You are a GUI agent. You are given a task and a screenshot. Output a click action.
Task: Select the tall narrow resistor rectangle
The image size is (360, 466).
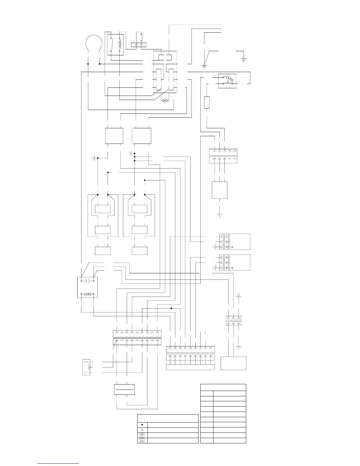click(207, 102)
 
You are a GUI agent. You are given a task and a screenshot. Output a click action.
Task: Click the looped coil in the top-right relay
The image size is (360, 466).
click(229, 79)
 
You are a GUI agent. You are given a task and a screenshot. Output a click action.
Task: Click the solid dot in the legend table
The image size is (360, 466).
click(142, 425)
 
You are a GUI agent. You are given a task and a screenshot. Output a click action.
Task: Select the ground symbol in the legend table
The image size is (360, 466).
click(142, 430)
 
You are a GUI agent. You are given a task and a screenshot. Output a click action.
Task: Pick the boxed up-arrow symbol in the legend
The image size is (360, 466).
click(142, 435)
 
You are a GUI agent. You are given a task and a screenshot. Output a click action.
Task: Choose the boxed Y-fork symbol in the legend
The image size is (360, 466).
click(142, 441)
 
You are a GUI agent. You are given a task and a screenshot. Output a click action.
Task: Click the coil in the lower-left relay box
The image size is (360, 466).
click(87, 294)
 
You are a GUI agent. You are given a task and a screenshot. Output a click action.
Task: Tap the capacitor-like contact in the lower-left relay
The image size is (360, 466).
click(87, 281)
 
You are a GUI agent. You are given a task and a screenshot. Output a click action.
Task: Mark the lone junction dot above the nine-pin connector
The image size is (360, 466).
click(171, 308)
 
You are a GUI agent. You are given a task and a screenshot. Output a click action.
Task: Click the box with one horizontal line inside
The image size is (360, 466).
click(124, 390)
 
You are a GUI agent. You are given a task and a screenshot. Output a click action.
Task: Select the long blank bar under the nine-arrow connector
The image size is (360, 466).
click(190, 367)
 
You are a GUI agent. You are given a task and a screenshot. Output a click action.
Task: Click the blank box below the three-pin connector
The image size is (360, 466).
click(234, 363)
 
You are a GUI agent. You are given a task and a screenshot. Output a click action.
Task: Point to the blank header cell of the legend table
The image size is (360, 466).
click(168, 418)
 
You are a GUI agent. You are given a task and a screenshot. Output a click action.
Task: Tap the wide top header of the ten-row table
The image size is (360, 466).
click(223, 387)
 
